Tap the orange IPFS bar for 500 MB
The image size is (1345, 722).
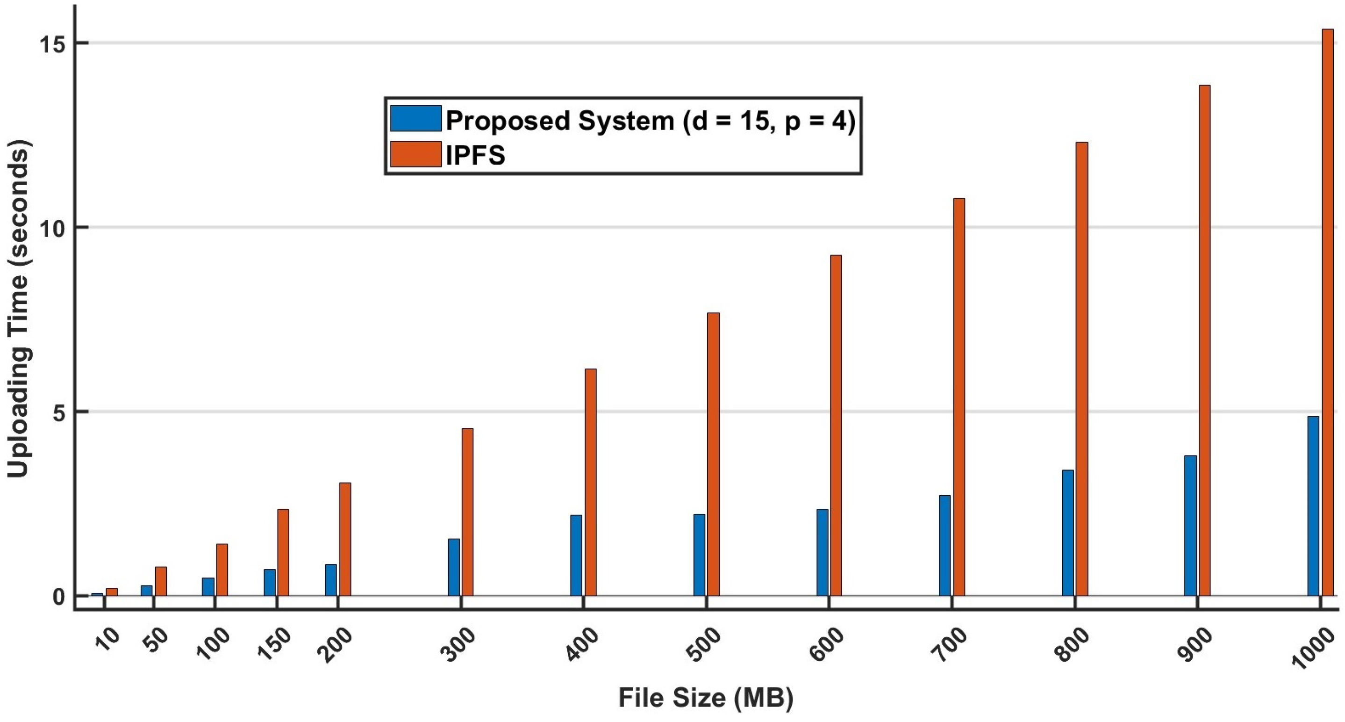713,454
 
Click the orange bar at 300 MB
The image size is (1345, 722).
467,512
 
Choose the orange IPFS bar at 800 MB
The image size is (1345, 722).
1082,368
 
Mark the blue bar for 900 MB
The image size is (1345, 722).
1190,525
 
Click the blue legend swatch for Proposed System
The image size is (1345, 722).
415,119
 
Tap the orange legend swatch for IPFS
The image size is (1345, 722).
415,154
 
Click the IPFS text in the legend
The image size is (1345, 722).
475,155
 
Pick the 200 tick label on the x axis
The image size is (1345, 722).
338,645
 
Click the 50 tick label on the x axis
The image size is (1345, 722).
155,641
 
